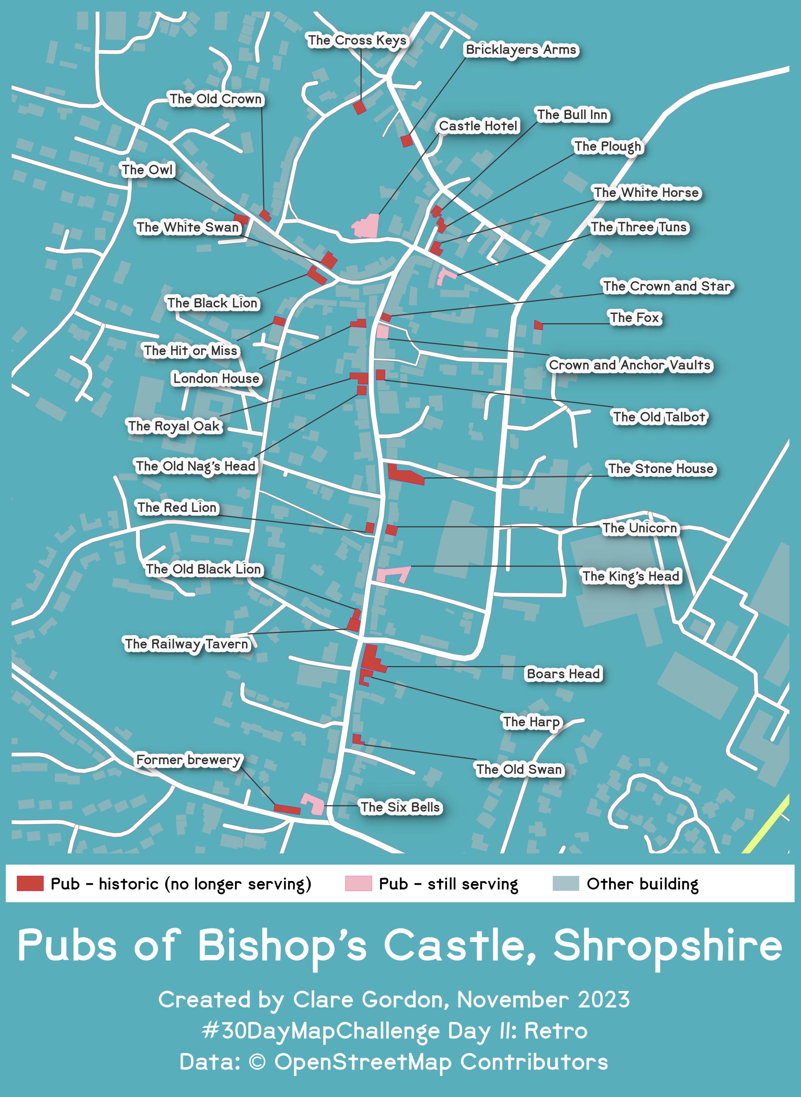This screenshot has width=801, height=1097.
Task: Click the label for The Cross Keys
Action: [357, 40]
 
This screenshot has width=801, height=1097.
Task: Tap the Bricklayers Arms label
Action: [521, 49]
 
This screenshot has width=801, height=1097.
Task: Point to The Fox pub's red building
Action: [538, 325]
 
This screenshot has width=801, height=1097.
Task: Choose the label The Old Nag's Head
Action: [195, 466]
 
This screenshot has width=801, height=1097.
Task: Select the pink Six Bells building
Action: [314, 804]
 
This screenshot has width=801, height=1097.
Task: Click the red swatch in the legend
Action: [30, 883]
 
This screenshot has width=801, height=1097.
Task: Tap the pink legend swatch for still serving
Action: [358, 883]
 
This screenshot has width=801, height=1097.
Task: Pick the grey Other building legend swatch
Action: [565, 883]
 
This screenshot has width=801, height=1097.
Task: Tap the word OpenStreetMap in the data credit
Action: [363, 1062]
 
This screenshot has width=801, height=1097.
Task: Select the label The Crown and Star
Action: [667, 286]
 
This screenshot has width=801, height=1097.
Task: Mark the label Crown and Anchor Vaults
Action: [629, 365]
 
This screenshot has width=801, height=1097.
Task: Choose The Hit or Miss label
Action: [191, 350]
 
